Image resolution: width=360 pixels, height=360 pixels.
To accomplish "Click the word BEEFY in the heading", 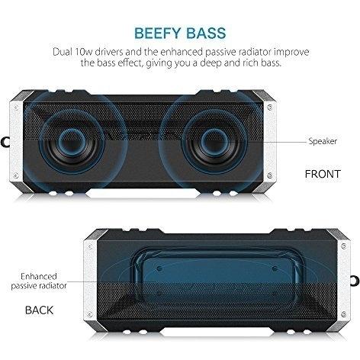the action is (x=158, y=34).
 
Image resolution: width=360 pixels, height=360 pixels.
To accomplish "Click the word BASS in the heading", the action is (x=206, y=34).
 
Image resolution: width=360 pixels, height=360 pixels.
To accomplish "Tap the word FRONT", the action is (x=323, y=174).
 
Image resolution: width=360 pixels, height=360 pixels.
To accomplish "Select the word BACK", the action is (x=40, y=310).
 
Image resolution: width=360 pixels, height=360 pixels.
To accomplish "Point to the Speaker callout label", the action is (x=323, y=141).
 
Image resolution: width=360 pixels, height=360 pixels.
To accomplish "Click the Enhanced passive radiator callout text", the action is (x=39, y=281).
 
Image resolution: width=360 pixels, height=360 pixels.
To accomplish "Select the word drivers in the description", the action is (x=110, y=52).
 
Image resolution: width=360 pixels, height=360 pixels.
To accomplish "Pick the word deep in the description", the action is (x=211, y=63).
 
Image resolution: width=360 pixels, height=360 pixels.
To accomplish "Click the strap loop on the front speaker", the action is (x=5, y=142).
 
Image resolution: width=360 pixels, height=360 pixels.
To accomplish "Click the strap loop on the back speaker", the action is (x=355, y=280).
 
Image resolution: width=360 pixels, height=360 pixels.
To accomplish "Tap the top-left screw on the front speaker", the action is (x=16, y=108).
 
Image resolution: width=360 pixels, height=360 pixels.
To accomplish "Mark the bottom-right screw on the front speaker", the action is (x=270, y=175).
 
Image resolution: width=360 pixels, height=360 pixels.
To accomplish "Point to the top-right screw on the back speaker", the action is (x=344, y=246).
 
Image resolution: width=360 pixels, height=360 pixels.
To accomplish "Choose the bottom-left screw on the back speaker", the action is (x=89, y=314).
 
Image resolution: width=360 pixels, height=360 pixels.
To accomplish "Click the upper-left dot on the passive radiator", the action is (x=159, y=268).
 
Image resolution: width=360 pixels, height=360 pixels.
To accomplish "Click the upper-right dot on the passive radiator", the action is (x=275, y=268).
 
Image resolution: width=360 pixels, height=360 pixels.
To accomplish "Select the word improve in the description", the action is (x=291, y=52).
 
